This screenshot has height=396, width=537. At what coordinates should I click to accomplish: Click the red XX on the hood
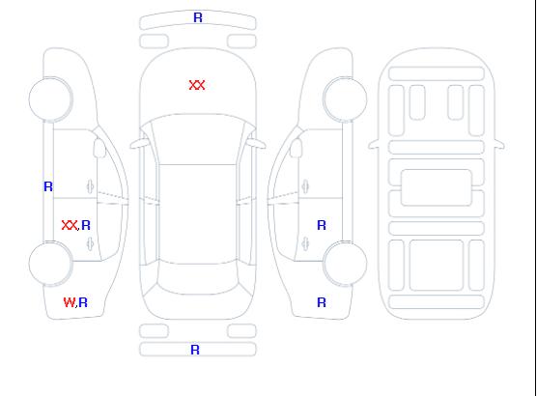197,85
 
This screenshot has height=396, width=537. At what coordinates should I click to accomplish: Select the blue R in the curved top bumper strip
198,17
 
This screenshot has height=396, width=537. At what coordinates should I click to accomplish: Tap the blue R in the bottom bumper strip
195,350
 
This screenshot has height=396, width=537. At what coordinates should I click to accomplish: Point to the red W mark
69,302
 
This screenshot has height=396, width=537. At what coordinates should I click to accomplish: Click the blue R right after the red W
83,302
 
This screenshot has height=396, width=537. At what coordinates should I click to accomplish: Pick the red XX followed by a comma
70,225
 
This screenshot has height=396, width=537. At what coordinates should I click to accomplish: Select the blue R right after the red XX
86,225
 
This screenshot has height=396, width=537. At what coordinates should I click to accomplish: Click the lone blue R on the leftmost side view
48,186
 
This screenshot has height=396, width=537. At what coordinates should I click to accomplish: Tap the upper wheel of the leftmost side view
50,99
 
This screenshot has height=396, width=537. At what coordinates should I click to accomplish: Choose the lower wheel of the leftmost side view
50,264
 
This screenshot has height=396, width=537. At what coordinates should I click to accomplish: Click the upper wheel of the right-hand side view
345,99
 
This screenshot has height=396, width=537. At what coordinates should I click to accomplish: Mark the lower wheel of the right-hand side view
345,264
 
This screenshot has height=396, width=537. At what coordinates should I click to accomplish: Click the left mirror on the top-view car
139,144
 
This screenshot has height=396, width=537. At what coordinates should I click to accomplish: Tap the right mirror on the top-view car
256,144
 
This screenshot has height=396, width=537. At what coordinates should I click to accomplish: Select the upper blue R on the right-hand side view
322,225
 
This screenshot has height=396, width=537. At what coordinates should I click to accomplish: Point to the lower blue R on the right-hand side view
322,302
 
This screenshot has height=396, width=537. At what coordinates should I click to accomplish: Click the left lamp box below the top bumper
154,42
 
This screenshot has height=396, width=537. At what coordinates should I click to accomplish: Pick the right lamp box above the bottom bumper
241,331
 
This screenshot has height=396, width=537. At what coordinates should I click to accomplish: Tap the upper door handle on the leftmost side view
91,187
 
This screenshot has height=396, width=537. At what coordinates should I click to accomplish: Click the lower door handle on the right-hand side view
305,244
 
